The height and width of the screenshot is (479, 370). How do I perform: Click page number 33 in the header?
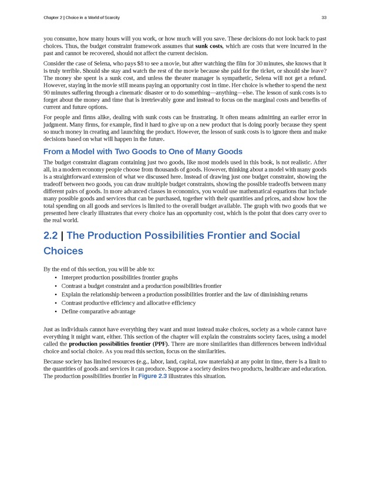[324, 18]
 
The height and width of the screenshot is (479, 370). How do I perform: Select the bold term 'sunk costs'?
[208, 46]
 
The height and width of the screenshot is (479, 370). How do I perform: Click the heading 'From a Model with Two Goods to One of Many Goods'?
[143, 151]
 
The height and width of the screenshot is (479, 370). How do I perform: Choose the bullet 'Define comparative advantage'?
[98, 311]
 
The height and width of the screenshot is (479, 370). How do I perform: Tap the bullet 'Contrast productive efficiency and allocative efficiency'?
[128, 303]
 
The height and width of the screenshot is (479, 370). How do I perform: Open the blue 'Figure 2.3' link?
[152, 376]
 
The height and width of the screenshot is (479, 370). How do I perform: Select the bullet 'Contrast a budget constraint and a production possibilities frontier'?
[141, 286]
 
